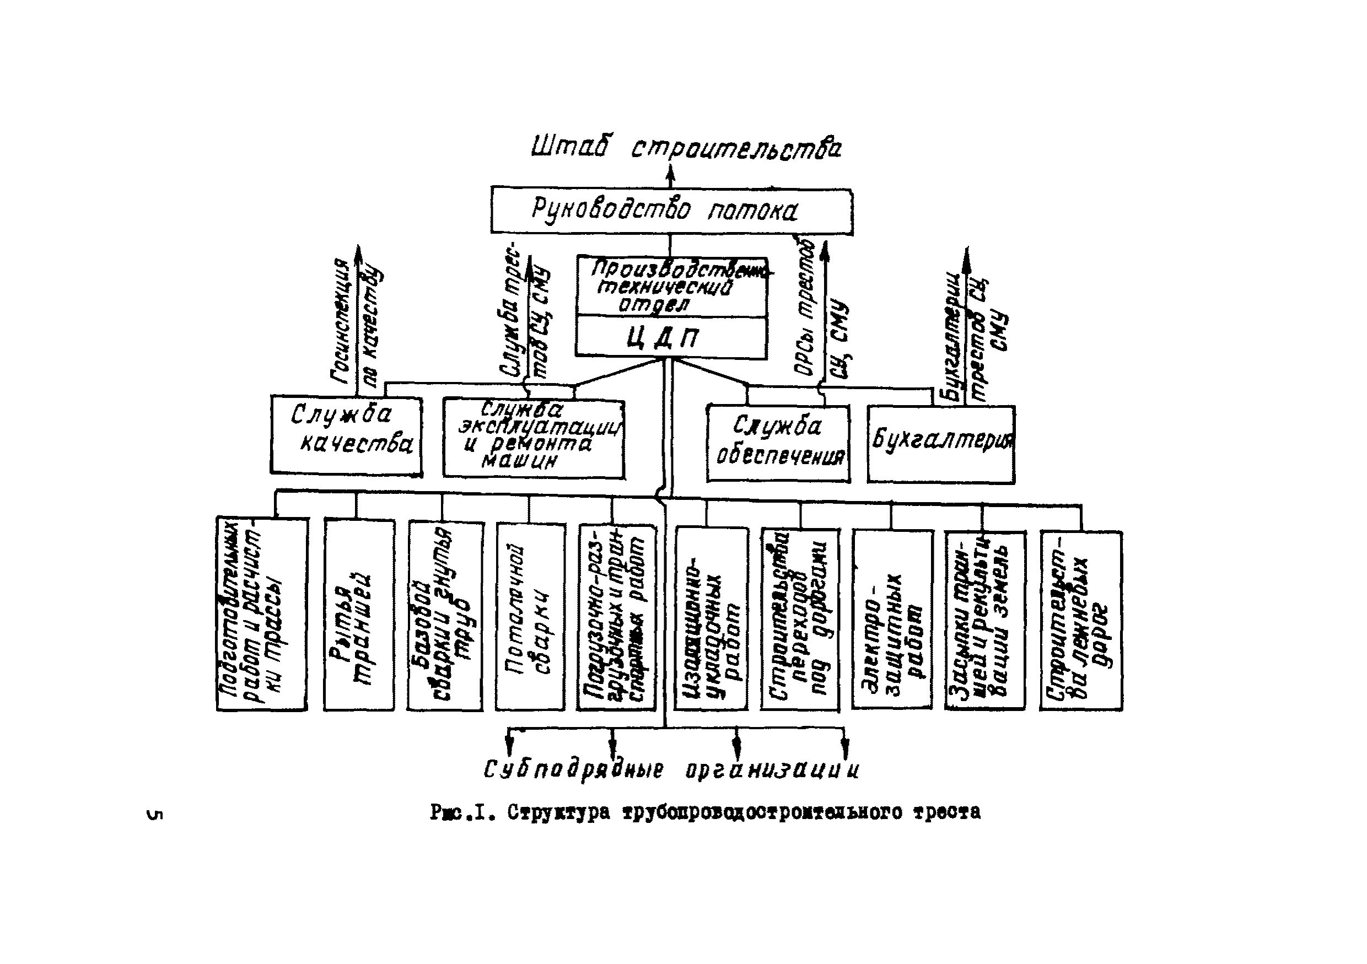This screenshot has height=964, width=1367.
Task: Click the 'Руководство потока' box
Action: click(x=671, y=211)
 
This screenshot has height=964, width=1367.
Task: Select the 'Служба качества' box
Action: click(x=347, y=435)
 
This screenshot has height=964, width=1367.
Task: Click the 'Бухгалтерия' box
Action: click(x=941, y=444)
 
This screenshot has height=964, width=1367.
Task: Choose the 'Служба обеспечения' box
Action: click(x=778, y=444)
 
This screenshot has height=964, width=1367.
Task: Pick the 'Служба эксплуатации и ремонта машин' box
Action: click(x=534, y=439)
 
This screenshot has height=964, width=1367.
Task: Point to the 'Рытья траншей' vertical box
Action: click(x=359, y=615)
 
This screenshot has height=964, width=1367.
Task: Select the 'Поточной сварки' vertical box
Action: click(x=530, y=616)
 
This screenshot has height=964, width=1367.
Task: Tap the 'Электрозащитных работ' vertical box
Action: click(x=892, y=620)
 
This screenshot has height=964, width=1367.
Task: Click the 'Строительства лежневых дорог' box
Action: click(x=1080, y=621)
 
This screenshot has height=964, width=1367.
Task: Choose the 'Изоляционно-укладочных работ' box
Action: click(x=711, y=620)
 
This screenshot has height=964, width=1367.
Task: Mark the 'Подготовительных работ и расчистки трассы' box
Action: click(x=262, y=613)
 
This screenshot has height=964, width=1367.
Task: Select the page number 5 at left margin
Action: click(x=154, y=814)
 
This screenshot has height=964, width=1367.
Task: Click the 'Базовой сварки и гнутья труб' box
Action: click(x=445, y=616)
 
